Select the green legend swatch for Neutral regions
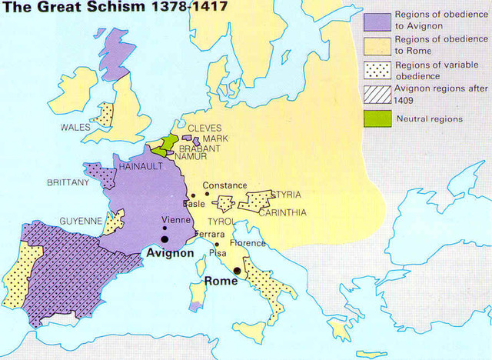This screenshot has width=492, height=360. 376,118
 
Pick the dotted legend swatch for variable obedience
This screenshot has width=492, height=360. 376,70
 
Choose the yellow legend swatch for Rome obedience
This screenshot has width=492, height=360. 376,45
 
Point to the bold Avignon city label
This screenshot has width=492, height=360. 168,253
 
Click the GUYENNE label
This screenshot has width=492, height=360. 81,221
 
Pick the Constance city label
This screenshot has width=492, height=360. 224,185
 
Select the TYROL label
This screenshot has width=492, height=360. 221,222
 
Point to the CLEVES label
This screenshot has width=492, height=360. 204,128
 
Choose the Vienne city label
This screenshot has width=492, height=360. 175,219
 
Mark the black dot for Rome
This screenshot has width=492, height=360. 238,271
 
